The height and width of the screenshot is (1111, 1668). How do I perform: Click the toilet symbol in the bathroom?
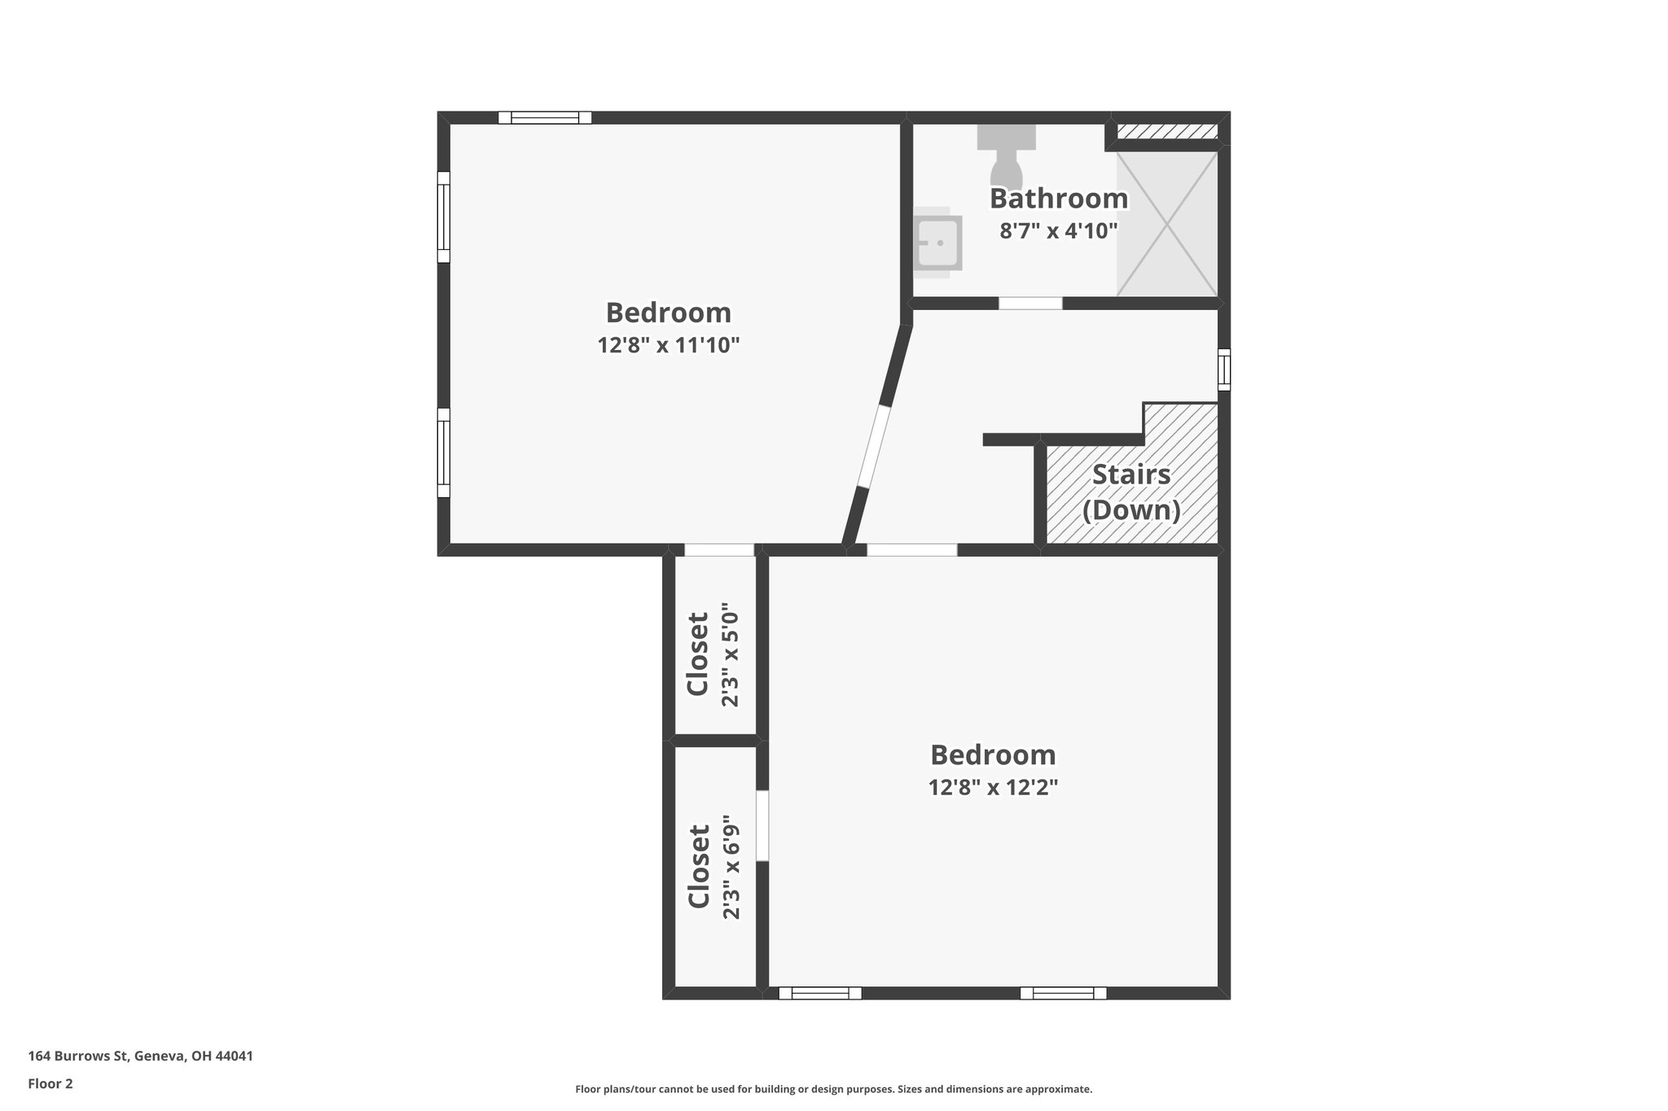1007,158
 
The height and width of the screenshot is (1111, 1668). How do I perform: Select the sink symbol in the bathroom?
937,243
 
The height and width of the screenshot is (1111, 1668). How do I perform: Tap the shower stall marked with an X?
1166,223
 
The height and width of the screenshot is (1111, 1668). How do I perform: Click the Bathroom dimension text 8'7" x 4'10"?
1058,231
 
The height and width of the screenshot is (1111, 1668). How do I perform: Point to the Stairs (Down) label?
1131,492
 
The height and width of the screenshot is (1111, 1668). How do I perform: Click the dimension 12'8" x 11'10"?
668,345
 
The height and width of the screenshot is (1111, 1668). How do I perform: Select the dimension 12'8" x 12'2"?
992,787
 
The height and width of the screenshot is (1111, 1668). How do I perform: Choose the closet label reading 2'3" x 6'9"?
731,868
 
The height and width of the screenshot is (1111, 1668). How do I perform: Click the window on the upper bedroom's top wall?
545,118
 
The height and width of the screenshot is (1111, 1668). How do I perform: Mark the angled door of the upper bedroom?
872,446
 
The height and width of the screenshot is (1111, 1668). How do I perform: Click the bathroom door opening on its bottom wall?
1030,303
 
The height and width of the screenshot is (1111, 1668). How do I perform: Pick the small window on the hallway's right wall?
1223,370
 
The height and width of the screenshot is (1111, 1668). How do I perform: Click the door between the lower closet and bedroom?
762,825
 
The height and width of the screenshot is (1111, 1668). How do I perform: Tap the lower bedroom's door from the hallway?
911,550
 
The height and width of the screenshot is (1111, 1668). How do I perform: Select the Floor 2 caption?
50,1083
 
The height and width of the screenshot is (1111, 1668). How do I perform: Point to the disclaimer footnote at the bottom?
833,1089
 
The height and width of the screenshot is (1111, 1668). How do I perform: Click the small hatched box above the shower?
1166,132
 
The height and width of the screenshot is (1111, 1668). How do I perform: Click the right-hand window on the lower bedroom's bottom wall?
1063,993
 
